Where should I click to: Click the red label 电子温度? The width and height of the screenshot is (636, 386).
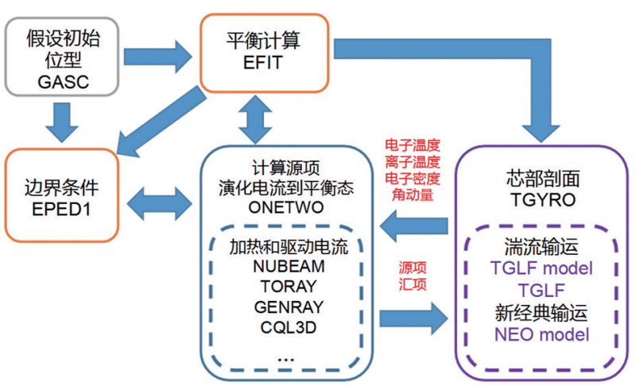(412, 145)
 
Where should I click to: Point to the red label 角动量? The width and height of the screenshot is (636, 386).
(412, 193)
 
